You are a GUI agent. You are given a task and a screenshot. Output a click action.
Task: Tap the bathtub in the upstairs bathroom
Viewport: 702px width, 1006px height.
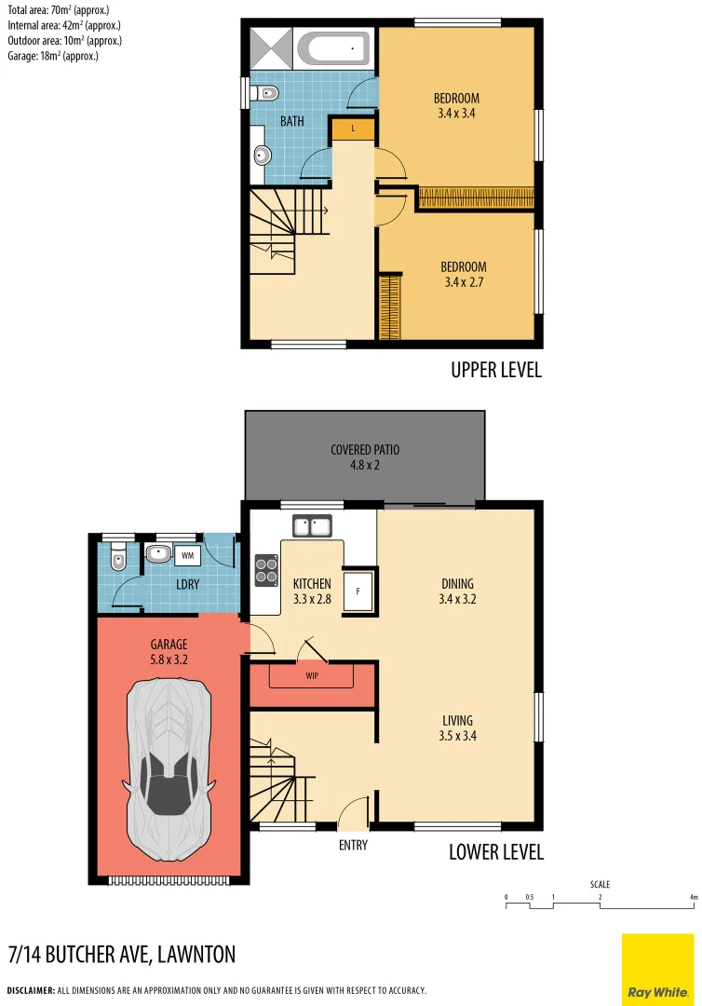tap(333, 47)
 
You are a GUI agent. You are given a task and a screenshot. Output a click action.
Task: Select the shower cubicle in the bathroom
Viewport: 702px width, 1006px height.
tap(272, 46)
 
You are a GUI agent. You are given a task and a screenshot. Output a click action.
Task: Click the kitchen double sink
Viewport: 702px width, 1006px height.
tap(313, 526)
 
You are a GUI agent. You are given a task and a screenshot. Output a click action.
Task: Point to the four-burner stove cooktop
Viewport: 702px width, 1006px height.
tap(266, 570)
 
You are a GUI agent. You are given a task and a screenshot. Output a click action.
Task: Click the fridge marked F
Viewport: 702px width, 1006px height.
tap(358, 591)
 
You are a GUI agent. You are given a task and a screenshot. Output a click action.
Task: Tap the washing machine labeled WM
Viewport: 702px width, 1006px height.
tap(187, 555)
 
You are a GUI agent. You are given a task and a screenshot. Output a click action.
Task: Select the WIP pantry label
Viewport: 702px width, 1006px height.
tap(312, 676)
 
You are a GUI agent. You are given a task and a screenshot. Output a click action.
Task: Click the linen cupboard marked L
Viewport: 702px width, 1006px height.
tap(353, 129)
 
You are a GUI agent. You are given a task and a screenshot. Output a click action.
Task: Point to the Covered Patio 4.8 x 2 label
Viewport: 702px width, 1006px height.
tap(365, 456)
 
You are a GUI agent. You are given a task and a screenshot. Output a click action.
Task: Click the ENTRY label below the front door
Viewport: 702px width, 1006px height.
tap(353, 846)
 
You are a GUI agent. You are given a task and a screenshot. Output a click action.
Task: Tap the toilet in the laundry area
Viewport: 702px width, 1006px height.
tap(115, 559)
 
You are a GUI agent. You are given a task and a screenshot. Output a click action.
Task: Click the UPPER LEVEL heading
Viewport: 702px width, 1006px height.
tap(495, 370)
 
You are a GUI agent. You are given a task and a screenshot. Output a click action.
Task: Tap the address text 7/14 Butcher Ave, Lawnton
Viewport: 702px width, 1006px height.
tap(121, 954)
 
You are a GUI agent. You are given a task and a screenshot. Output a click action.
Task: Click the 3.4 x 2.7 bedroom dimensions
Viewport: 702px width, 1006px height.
tap(464, 282)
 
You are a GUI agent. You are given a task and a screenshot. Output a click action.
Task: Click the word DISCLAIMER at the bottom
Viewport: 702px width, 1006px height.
tap(31, 990)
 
